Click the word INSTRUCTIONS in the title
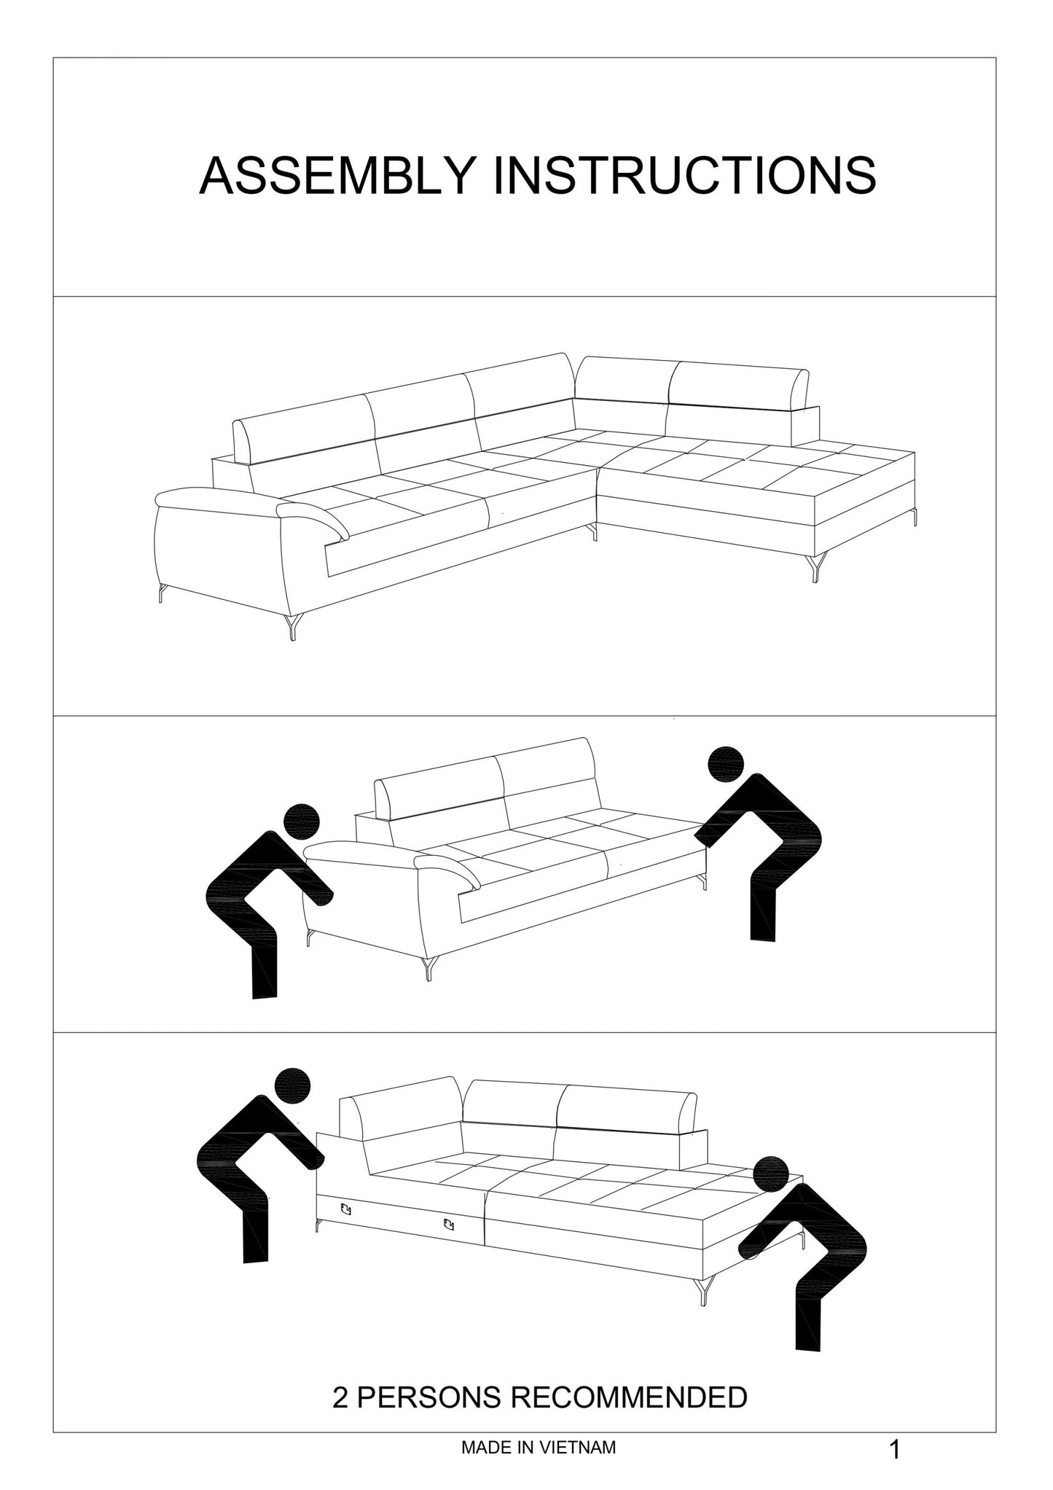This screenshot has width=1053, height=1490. pyautogui.click(x=684, y=176)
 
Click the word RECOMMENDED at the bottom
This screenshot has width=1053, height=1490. pyautogui.click(x=628, y=1397)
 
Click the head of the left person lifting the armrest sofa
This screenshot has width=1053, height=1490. pyautogui.click(x=302, y=822)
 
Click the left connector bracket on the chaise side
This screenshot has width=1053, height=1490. pyautogui.click(x=345, y=1210)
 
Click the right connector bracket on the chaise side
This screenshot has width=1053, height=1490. pyautogui.click(x=449, y=1224)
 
